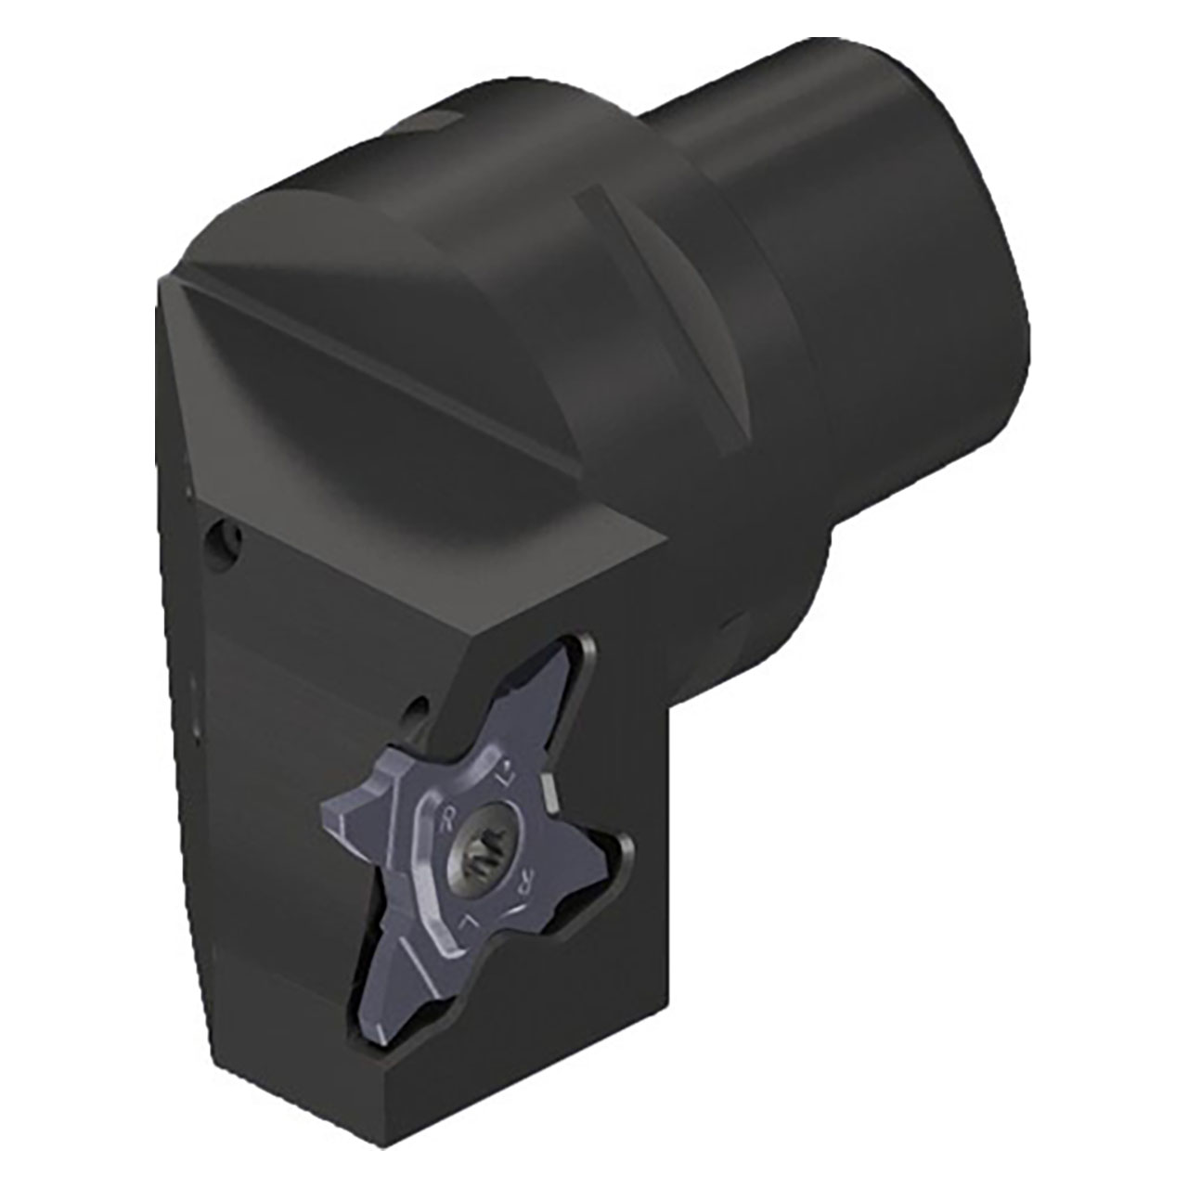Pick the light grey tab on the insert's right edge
pyautogui.click(x=549, y=792)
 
